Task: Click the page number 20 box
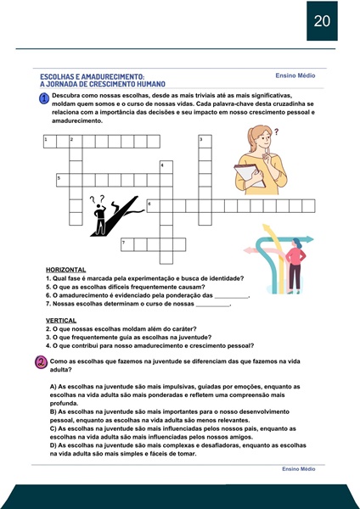(x=322, y=20)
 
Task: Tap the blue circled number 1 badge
(x=44, y=98)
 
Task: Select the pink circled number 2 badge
(x=42, y=362)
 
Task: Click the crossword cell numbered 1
(x=50, y=142)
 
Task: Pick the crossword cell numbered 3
(x=205, y=142)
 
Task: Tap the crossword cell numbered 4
(x=166, y=167)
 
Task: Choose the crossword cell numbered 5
(x=63, y=180)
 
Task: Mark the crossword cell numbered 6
(x=153, y=206)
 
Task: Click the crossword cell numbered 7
(x=127, y=244)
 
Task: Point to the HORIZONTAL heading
(x=66, y=270)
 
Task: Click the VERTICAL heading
(x=61, y=321)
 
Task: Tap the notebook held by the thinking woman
(x=250, y=176)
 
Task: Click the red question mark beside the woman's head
(x=277, y=131)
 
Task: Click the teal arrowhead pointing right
(x=309, y=239)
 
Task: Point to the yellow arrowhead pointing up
(x=267, y=227)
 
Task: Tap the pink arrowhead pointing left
(x=247, y=250)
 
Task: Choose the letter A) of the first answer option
(x=53, y=387)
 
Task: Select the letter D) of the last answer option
(x=53, y=445)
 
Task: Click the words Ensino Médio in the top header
(x=295, y=76)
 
